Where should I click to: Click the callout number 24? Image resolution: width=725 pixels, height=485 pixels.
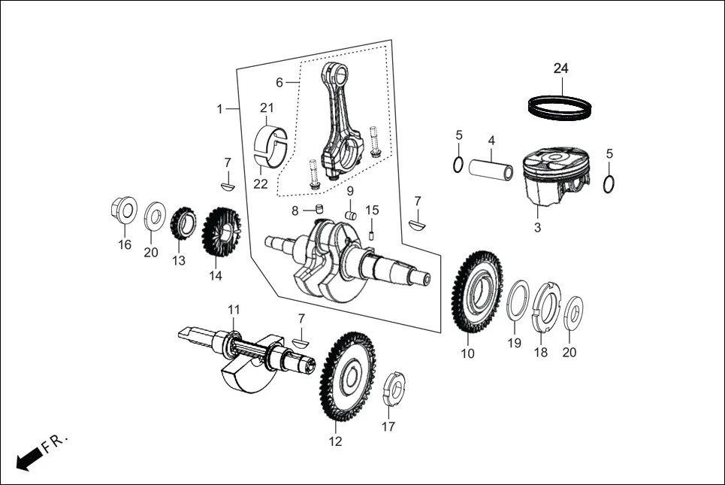(561, 68)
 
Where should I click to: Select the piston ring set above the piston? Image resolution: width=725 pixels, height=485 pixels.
(560, 106)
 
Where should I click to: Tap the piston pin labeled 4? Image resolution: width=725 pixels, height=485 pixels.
(491, 167)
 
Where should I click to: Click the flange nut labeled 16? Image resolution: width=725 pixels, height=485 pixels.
(124, 210)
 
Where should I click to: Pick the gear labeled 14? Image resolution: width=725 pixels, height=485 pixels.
(219, 233)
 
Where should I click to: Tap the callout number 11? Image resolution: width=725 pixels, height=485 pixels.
(234, 310)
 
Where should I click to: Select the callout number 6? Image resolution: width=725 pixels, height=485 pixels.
(279, 81)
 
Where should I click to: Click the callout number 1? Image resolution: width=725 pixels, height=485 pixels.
(220, 109)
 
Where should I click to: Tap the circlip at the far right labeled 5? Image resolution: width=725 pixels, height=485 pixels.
(611, 183)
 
